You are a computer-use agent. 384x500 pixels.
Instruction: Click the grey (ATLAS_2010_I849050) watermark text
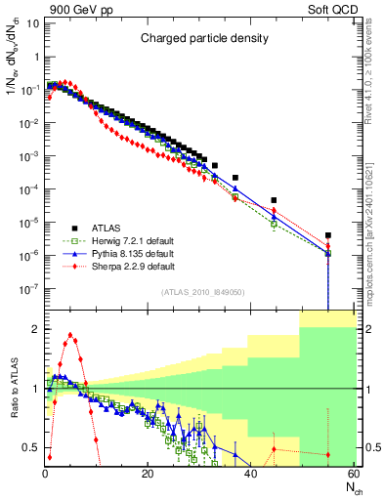pos(202,292)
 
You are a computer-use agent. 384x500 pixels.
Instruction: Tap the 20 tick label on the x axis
pos(148,475)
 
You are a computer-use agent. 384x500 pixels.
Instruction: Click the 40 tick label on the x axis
pos(250,475)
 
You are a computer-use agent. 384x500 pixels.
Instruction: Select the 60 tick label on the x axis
pos(353,475)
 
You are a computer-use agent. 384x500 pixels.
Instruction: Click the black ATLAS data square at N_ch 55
pos(328,235)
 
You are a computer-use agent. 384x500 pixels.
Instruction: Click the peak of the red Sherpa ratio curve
pos(70,335)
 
